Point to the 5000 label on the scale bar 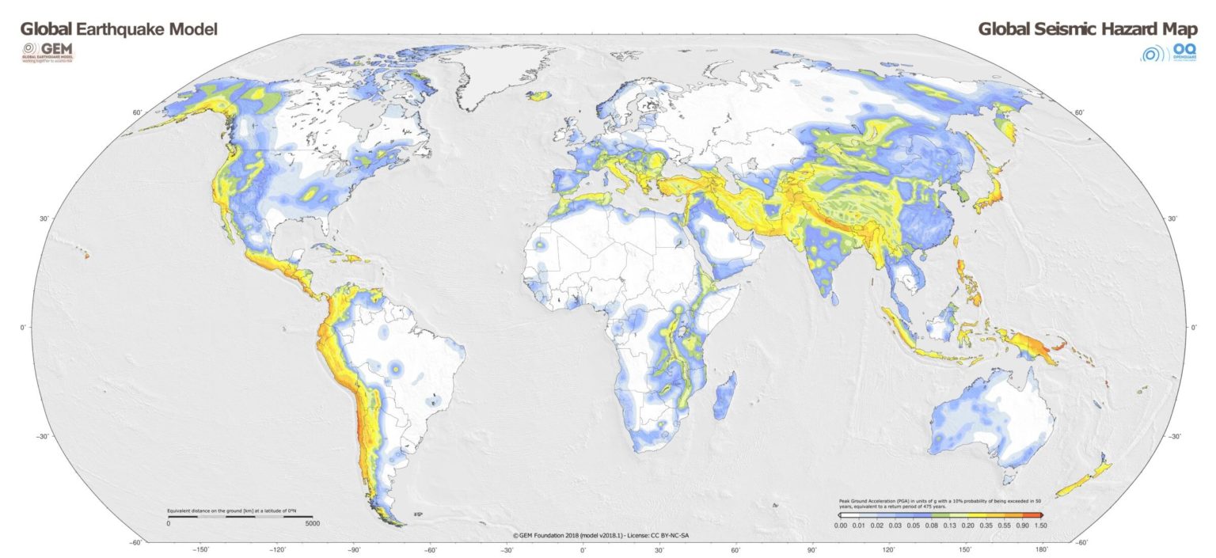point(313,524)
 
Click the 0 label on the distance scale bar point(168,524)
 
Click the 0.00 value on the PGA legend point(842,525)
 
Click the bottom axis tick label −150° point(200,549)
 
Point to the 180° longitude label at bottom point(1041,549)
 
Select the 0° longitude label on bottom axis point(583,549)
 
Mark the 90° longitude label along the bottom point(812,549)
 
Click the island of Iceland point(539,95)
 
